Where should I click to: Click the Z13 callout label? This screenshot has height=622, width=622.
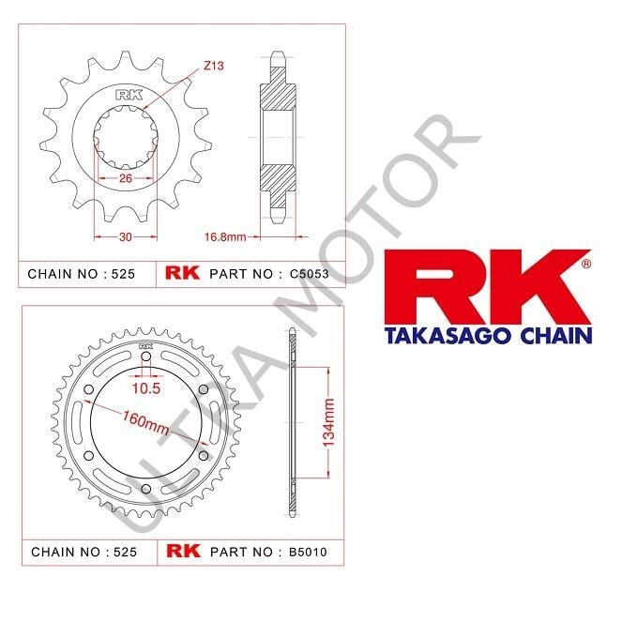pyautogui.click(x=213, y=68)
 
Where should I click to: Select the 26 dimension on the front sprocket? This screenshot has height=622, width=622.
pyautogui.click(x=124, y=178)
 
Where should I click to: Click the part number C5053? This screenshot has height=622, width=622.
pyautogui.click(x=311, y=275)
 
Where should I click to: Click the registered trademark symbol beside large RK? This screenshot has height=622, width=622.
pyautogui.click(x=586, y=265)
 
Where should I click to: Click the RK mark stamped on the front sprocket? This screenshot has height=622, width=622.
pyautogui.click(x=125, y=94)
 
